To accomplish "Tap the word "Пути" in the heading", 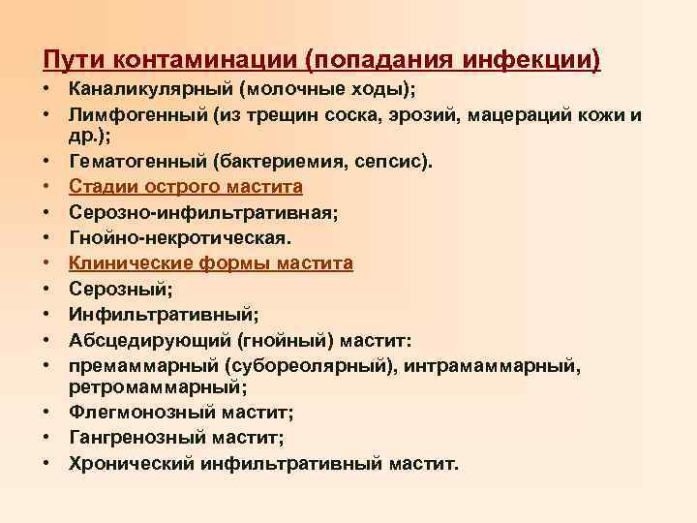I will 72,59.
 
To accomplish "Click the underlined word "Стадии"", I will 101,186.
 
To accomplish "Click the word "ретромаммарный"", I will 155,386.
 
